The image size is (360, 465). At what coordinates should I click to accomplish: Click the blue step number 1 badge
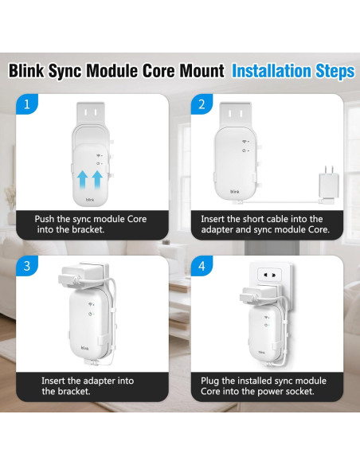[x=28, y=104]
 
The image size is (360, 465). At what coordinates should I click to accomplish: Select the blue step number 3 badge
[x=28, y=265]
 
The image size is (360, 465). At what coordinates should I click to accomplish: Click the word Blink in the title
[x=29, y=72]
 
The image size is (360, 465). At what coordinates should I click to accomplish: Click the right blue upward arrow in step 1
[x=98, y=178]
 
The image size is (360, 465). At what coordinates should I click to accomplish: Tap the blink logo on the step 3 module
[x=84, y=348]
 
